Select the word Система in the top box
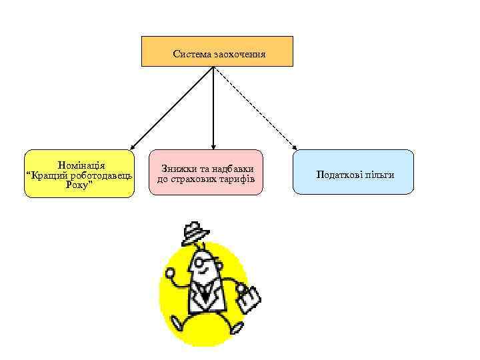pos(192,53)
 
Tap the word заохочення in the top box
pos(240,53)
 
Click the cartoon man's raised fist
pos(171,274)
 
